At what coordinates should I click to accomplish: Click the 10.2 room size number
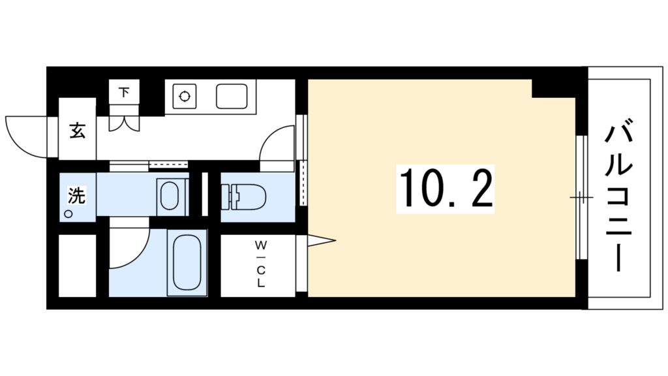click(446, 188)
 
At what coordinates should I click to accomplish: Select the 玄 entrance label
click(77, 131)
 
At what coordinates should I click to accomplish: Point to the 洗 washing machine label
click(76, 195)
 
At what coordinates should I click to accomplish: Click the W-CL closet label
click(260, 264)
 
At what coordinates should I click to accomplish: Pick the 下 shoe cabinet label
click(124, 92)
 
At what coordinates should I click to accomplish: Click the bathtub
click(187, 262)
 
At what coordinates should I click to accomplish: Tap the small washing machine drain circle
click(68, 213)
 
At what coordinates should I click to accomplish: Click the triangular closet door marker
click(320, 242)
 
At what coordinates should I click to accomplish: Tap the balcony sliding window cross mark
click(581, 196)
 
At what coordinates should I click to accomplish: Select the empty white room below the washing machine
click(77, 264)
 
